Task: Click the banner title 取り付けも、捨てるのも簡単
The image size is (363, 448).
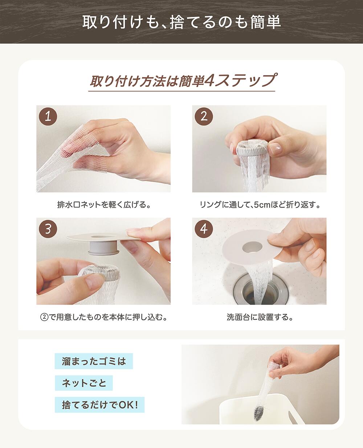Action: coord(181,22)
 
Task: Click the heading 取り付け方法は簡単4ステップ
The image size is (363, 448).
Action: coord(181,81)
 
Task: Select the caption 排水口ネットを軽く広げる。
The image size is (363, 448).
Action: coord(103,205)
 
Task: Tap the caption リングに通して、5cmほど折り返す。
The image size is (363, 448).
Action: coord(259,205)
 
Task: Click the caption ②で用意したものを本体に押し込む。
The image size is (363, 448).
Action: coord(103,317)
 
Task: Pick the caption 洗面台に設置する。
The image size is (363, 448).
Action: coord(259,317)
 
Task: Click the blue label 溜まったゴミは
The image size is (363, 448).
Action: coord(94,362)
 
